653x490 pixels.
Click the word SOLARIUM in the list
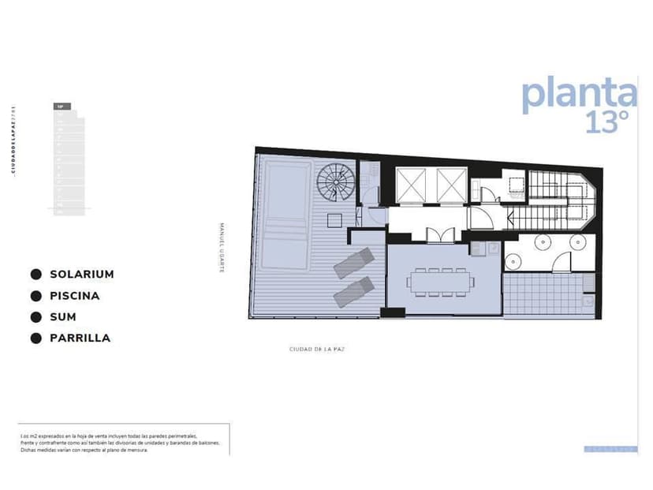81,275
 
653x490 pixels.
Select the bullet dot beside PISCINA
35,296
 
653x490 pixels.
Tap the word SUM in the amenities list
62,317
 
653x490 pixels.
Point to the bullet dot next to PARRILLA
35,339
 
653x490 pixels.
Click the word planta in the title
578,93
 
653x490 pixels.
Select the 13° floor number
607,121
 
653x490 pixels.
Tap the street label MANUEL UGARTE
222,246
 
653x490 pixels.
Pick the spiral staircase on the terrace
336,183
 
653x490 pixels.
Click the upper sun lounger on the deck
353,263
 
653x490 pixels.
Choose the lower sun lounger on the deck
353,291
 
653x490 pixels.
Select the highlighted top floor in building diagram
62,106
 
